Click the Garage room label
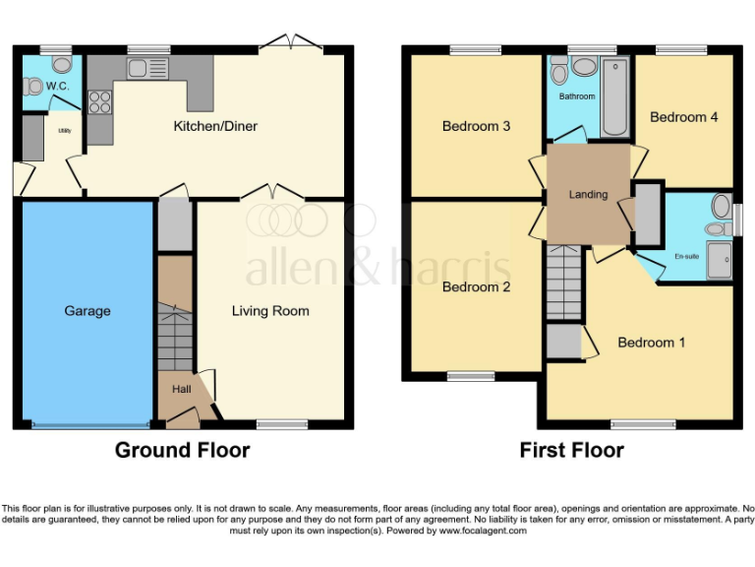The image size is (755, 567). pyautogui.click(x=87, y=311)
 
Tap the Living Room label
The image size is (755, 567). pyautogui.click(x=270, y=311)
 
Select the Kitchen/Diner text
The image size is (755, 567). pyautogui.click(x=215, y=126)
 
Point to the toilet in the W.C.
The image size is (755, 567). pyautogui.click(x=62, y=65)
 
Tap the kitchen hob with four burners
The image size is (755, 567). pyautogui.click(x=99, y=101)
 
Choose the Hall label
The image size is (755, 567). pyautogui.click(x=182, y=390)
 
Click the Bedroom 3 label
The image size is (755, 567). pyautogui.click(x=476, y=126)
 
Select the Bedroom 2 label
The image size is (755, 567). pyautogui.click(x=476, y=287)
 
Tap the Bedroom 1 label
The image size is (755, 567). pyautogui.click(x=652, y=343)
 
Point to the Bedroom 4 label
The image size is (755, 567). pyautogui.click(x=684, y=117)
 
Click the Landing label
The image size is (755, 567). pyautogui.click(x=588, y=195)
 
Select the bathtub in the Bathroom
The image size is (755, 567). pyautogui.click(x=614, y=96)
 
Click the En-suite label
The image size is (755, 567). pyautogui.click(x=686, y=256)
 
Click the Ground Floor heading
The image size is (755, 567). pyautogui.click(x=182, y=451)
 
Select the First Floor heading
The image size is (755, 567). pyautogui.click(x=571, y=451)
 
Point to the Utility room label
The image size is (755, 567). pyautogui.click(x=62, y=127)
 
